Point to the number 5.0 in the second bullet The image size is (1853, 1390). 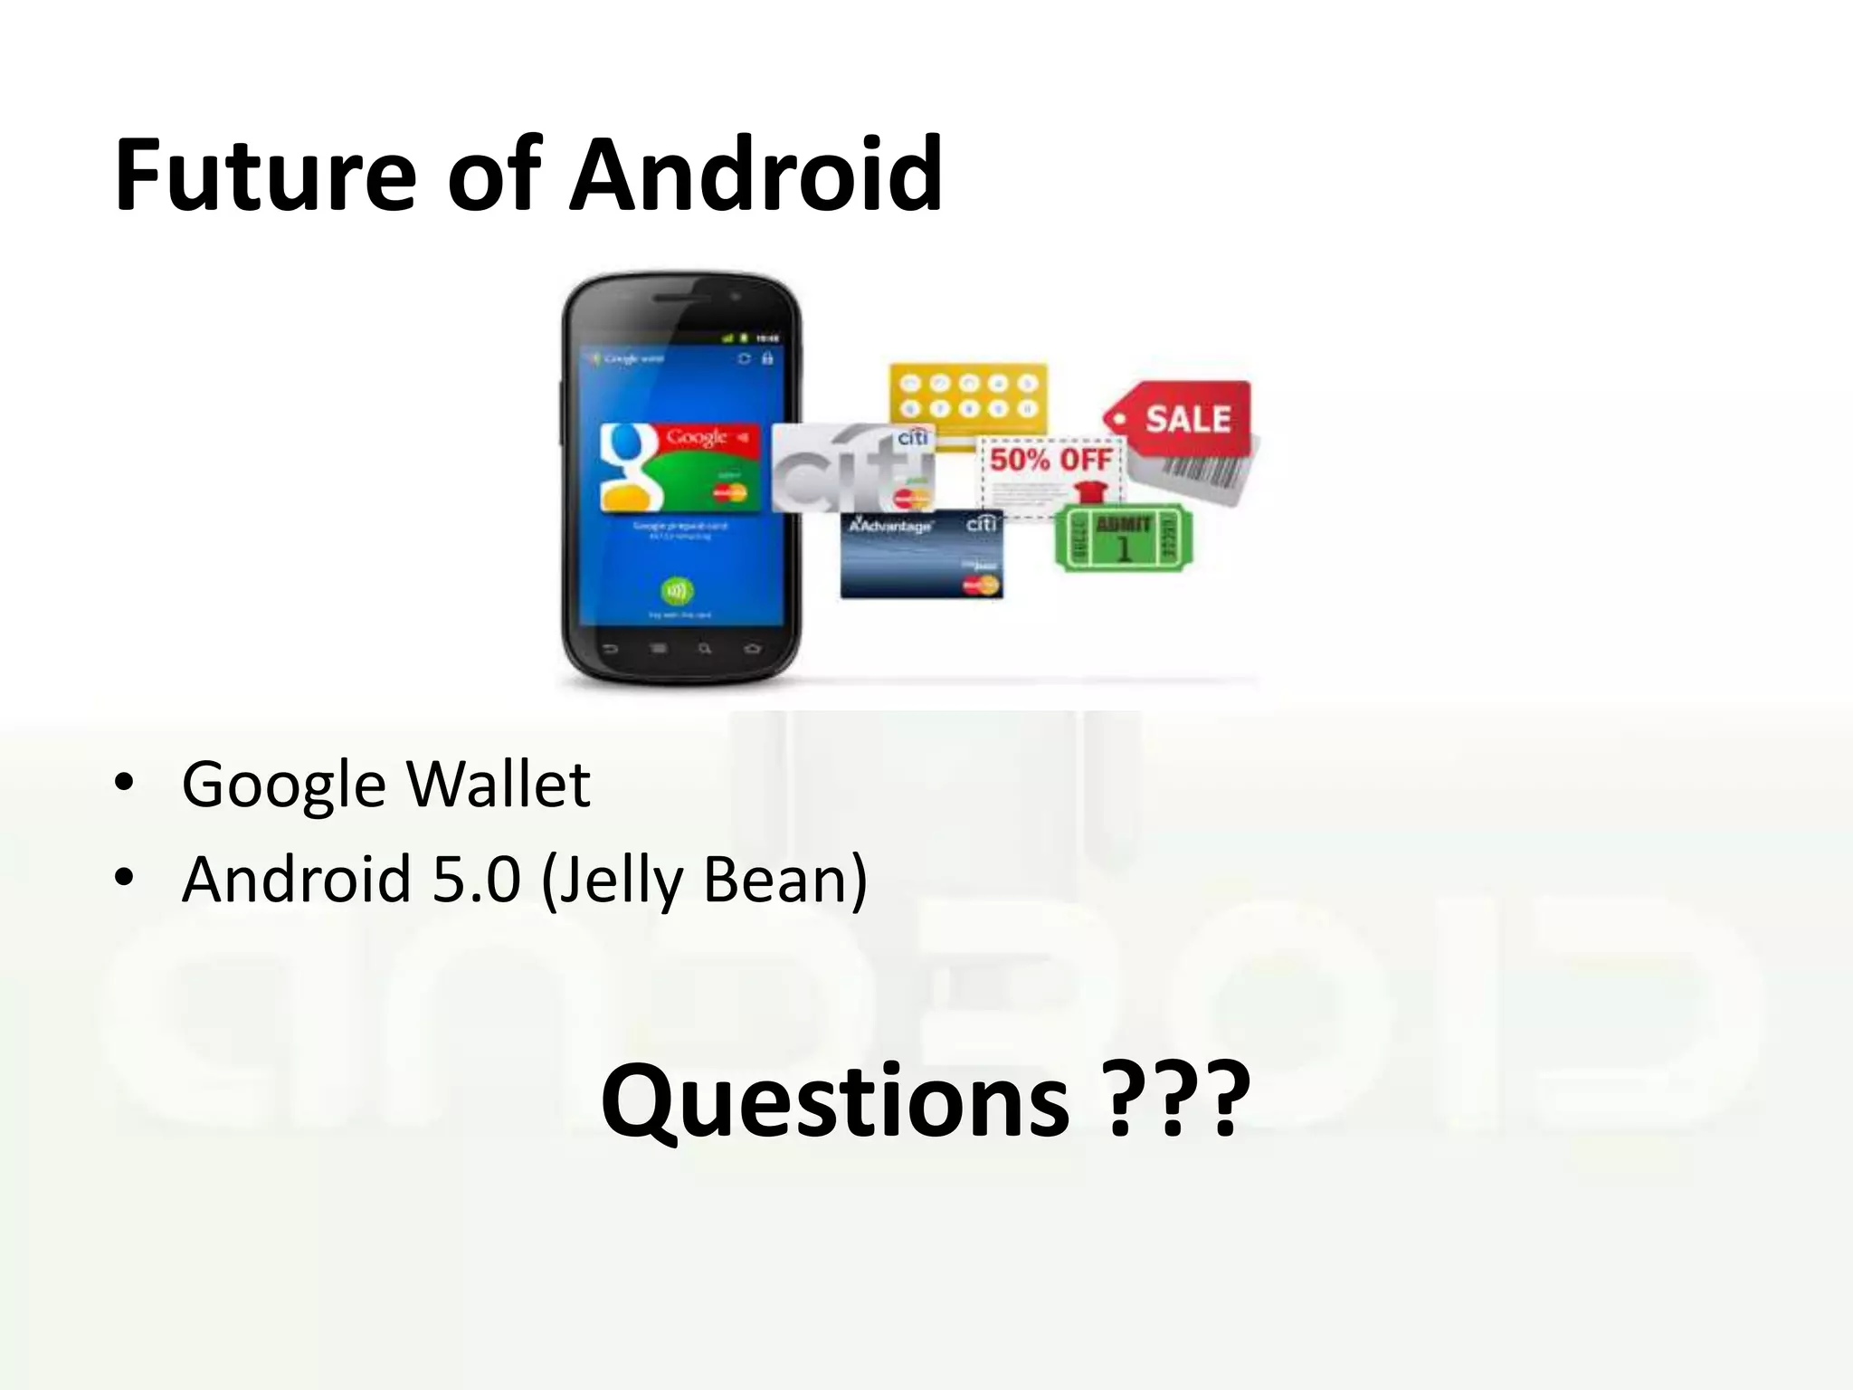tap(477, 879)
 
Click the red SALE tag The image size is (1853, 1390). tap(1185, 418)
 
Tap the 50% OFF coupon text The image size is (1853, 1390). tap(1050, 460)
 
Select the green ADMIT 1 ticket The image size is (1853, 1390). tap(1123, 538)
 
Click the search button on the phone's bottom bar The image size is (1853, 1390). tap(705, 649)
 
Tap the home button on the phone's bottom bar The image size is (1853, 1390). tap(752, 649)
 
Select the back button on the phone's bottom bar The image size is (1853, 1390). tap(610, 649)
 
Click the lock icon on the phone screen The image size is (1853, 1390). tap(768, 359)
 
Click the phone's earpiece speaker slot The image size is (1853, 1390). tap(680, 298)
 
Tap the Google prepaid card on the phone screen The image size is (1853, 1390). tap(679, 467)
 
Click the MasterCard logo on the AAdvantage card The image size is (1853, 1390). tap(980, 586)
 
